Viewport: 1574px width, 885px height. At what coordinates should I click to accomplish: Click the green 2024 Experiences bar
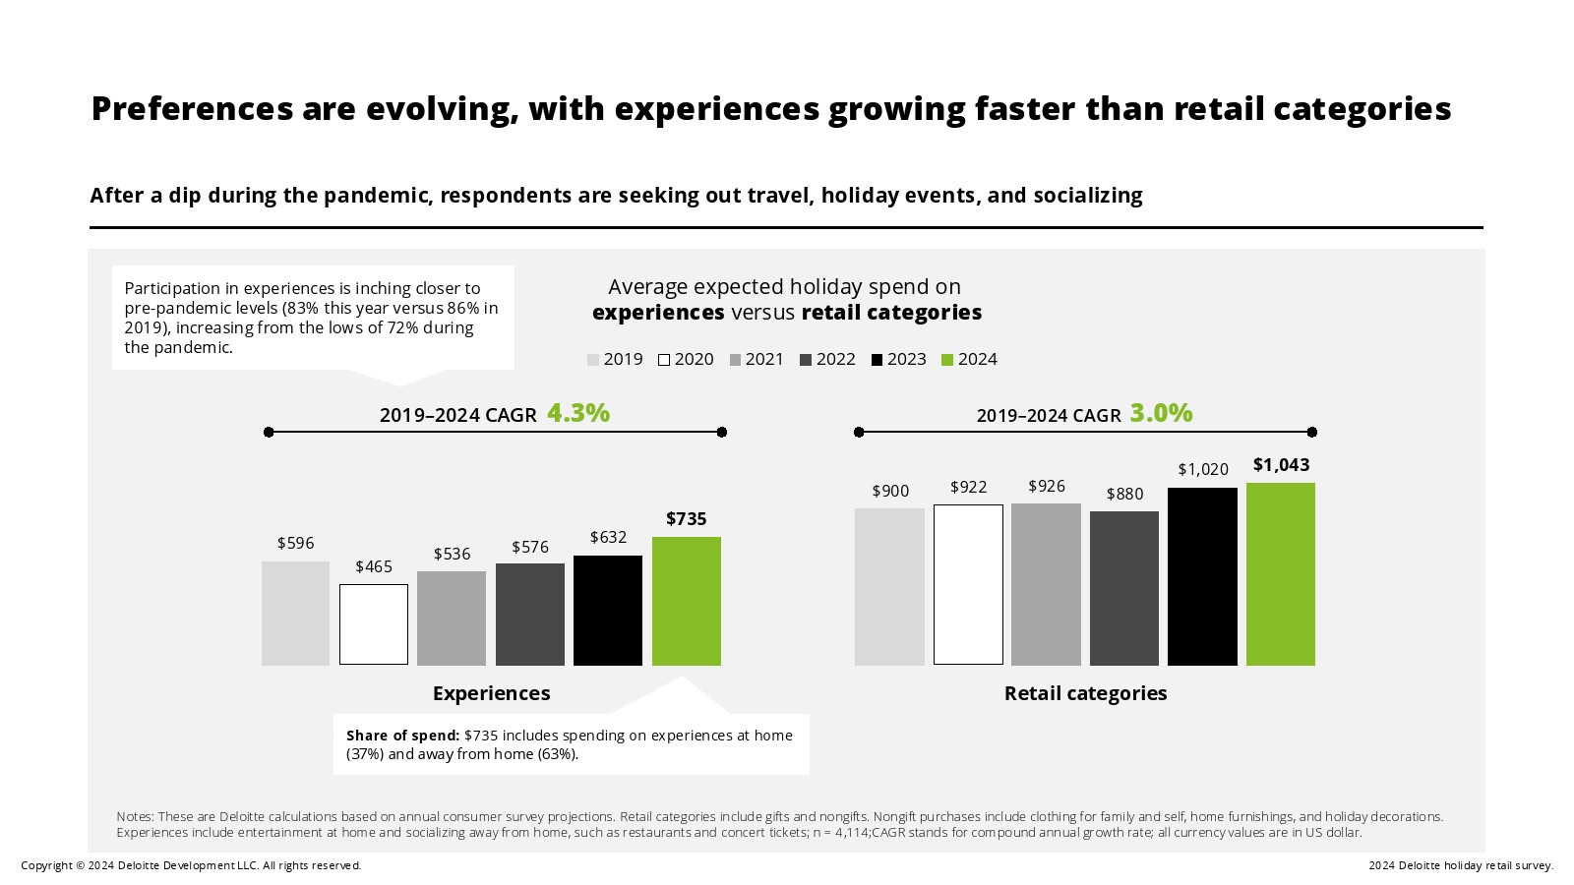click(x=686, y=601)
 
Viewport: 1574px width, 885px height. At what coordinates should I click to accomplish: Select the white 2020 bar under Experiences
click(x=374, y=624)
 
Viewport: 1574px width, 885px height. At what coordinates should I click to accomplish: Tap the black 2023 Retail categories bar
click(x=1202, y=576)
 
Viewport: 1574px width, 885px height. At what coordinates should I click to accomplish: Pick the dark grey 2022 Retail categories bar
click(x=1124, y=588)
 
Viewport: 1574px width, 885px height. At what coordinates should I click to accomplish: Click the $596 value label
click(x=295, y=543)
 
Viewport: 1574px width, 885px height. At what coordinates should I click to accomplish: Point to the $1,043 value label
click(x=1281, y=465)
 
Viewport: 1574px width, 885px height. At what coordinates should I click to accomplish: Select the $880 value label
click(x=1124, y=494)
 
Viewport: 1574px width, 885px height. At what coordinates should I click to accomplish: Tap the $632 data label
click(x=608, y=537)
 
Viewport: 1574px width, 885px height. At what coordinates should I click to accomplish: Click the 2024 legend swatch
click(x=947, y=360)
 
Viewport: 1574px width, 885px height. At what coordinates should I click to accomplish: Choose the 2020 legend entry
click(x=686, y=360)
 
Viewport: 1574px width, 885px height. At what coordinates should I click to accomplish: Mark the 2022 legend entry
click(x=827, y=360)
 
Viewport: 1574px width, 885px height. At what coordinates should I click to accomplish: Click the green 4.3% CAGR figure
click(x=578, y=413)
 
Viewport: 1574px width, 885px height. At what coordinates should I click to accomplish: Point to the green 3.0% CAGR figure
click(x=1161, y=413)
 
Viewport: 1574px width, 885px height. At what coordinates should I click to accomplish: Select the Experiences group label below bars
click(x=491, y=693)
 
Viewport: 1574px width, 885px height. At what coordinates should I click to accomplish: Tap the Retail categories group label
click(x=1085, y=693)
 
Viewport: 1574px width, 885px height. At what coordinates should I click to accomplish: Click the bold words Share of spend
click(x=402, y=736)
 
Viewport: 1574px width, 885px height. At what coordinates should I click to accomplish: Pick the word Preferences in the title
click(x=193, y=108)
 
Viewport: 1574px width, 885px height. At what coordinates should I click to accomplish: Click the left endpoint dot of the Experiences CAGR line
click(x=269, y=432)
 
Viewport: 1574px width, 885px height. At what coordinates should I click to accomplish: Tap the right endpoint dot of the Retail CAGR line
click(x=1312, y=432)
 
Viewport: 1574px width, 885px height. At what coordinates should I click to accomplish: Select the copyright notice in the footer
click(x=191, y=865)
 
